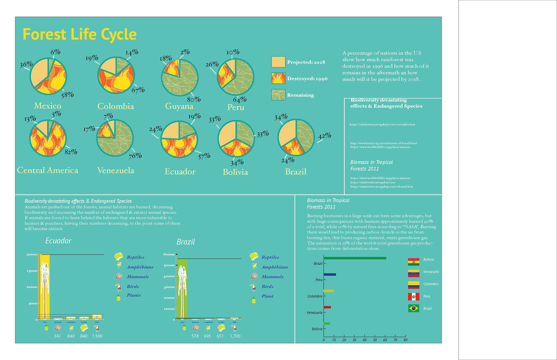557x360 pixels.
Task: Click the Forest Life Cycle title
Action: point(79,34)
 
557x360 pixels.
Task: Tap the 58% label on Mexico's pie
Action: point(67,95)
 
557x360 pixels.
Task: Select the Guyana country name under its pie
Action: point(179,106)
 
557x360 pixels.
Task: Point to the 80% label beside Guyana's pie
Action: point(193,99)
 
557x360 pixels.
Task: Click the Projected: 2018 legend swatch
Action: point(278,62)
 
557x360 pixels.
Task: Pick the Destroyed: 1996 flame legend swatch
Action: point(278,78)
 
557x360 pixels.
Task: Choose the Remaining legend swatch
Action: point(278,95)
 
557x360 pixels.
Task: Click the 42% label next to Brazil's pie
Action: point(325,136)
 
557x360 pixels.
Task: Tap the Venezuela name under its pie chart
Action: point(115,170)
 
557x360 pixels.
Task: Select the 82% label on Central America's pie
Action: point(71,152)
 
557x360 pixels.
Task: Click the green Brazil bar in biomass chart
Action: point(355,258)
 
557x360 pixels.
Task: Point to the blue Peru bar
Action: point(330,274)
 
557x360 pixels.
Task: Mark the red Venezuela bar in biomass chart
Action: point(327,307)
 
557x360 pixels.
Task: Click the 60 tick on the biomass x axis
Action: point(385,340)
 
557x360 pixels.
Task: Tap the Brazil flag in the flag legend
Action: point(413,308)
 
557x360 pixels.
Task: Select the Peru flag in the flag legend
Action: point(413,296)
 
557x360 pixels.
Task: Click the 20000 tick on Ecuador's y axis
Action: point(32,254)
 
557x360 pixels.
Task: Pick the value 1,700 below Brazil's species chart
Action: point(235,336)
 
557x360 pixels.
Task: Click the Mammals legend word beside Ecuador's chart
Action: point(138,277)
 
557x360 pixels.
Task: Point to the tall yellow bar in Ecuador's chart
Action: point(45,287)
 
